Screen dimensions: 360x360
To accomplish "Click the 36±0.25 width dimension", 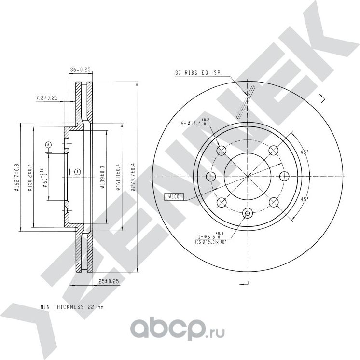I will point(81,70).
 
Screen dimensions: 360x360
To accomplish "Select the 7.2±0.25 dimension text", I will point(47,98).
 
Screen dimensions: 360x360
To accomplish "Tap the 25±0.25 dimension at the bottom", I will point(109,281).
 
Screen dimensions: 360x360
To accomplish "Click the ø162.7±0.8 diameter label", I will point(16,178).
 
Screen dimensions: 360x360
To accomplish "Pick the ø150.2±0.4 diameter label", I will point(29,178).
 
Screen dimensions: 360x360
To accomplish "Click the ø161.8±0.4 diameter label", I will point(119,177).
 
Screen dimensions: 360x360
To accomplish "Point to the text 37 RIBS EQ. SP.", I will point(198,74).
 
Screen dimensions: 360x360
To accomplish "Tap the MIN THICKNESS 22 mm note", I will point(72,306).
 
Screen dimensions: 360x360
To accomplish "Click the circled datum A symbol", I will point(48,144).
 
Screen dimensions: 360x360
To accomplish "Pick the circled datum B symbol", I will point(77,171).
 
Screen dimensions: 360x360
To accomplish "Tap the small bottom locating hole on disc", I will point(248,213).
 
